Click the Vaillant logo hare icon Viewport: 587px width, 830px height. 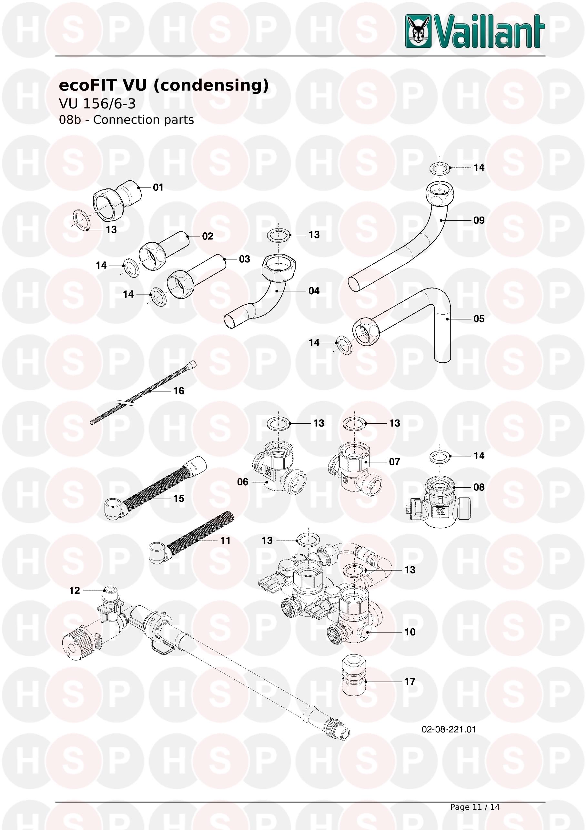point(418,31)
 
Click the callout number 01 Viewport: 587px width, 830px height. point(158,187)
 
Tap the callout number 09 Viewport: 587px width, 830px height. point(479,220)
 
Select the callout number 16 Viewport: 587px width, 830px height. point(178,391)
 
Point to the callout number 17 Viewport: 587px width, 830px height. point(410,682)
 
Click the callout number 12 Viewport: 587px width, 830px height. point(75,590)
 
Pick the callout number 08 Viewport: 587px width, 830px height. point(479,487)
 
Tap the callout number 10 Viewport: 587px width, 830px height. point(410,632)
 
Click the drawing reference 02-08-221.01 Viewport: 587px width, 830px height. point(449,729)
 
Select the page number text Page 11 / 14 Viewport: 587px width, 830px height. point(475,807)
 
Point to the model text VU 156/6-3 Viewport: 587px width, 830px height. point(97,104)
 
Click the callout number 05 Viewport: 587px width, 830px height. point(479,319)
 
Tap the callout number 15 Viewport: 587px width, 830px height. point(178,499)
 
